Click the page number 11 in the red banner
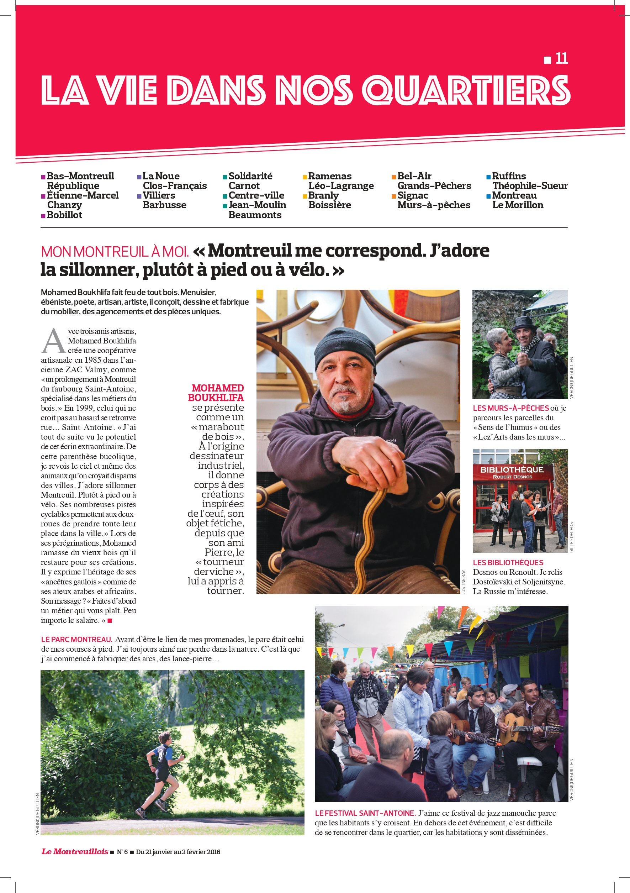(562, 58)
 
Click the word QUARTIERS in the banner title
(466, 90)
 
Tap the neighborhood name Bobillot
(64, 215)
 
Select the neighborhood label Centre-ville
(256, 195)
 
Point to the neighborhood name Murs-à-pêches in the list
(434, 205)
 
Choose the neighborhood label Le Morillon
(518, 205)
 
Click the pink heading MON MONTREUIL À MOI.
(115, 252)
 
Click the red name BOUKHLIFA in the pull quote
(216, 398)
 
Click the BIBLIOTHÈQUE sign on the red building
(512, 470)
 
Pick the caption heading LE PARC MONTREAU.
(76, 640)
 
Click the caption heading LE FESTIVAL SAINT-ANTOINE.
(365, 813)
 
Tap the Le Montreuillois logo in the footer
(75, 851)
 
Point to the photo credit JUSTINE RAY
(463, 582)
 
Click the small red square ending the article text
(110, 620)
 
